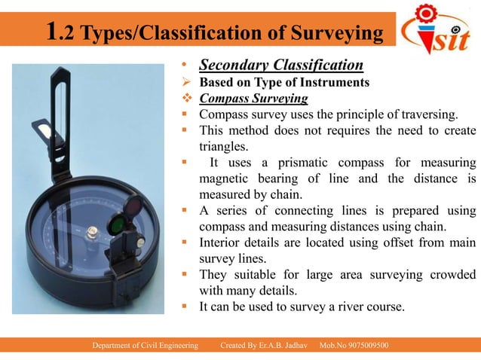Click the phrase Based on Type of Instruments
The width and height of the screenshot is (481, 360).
[x=284, y=82]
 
